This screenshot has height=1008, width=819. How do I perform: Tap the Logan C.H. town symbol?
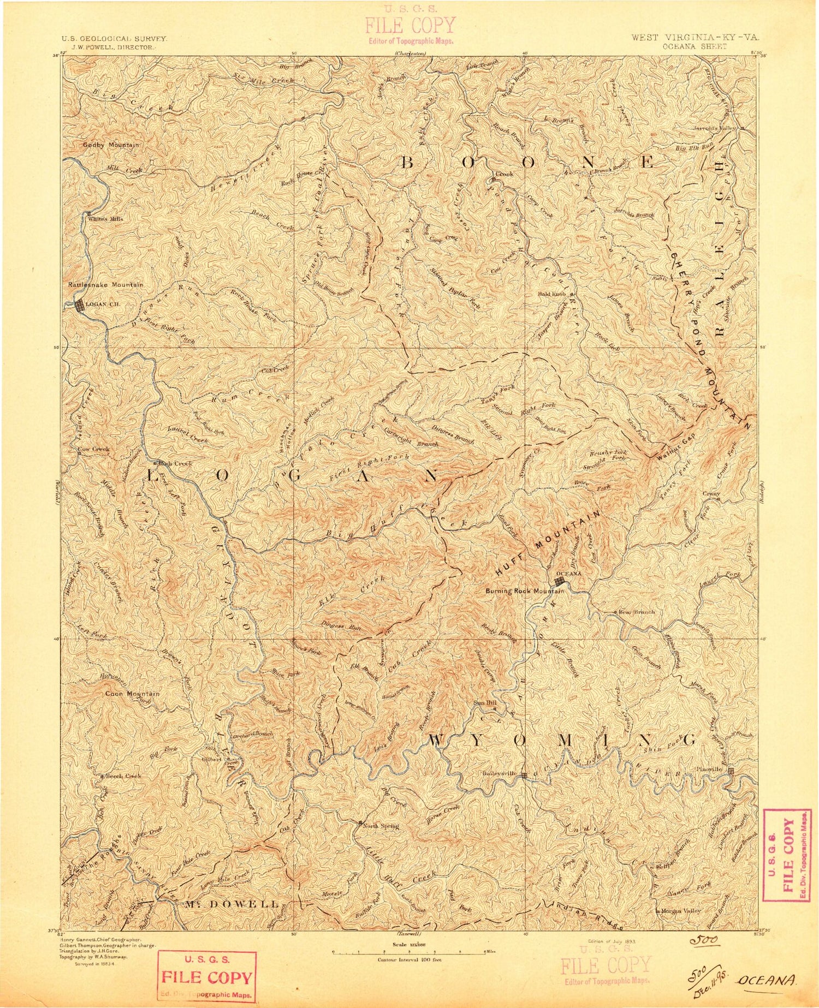pos(80,306)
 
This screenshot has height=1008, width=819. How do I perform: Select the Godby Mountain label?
pos(111,145)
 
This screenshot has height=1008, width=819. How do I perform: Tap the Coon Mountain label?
pos(132,694)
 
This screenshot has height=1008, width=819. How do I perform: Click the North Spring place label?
pos(382,826)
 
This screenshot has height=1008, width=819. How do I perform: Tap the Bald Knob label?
pos(551,294)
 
